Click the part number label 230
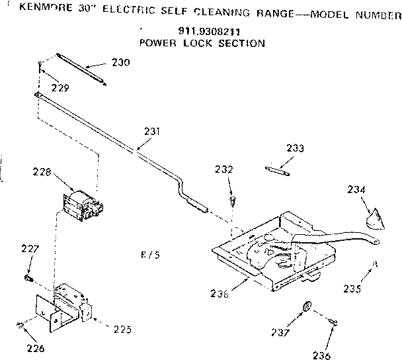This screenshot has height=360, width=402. [x=120, y=63]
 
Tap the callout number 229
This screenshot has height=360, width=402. [x=61, y=87]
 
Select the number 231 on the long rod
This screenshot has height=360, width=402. [x=151, y=131]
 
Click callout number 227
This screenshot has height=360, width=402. [x=31, y=249]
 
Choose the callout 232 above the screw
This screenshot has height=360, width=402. [x=223, y=170]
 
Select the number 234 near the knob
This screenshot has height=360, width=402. [x=356, y=191]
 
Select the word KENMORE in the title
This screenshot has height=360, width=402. [x=42, y=11]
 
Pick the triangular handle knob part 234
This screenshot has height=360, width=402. [x=375, y=218]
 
